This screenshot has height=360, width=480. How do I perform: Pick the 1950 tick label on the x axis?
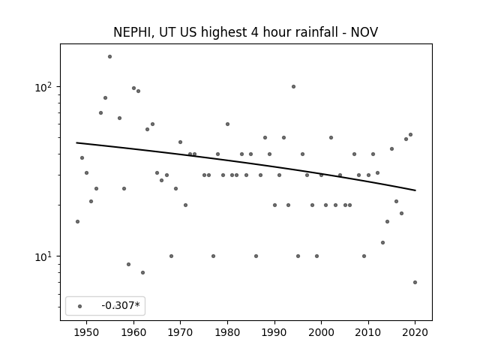pos(87,332)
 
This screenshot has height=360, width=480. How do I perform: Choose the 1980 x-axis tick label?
pos(227,332)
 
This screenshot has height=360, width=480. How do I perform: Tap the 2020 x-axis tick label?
pos(415,332)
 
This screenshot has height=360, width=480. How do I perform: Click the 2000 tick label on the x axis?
pos(321,332)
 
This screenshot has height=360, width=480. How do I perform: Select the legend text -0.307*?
pos(121,305)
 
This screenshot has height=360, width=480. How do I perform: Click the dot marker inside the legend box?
pos(80,306)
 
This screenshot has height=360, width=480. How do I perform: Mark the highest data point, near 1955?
pos(110,57)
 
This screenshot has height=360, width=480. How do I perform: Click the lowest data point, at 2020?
pos(415,282)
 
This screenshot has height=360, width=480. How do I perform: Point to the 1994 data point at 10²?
pos(293,87)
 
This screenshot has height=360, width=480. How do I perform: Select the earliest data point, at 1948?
pos(77,222)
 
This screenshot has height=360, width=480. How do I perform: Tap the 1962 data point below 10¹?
pos(142,272)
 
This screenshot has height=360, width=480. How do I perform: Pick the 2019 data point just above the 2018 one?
pos(410,135)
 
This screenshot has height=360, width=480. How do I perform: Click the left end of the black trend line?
pos(76,142)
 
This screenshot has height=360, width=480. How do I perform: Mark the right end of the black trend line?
pos(415,190)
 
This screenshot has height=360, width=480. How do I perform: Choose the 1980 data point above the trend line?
pos(227,124)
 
